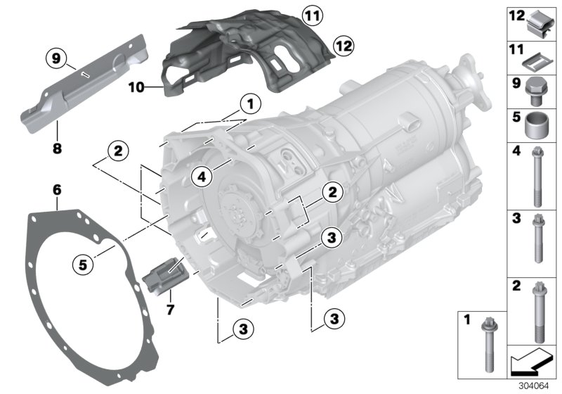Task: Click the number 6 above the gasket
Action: tap(56, 189)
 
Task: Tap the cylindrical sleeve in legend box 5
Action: tap(537, 127)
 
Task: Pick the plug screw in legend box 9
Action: tap(537, 90)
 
